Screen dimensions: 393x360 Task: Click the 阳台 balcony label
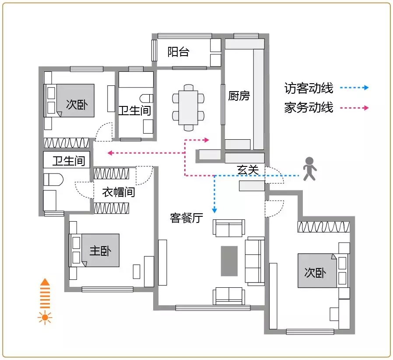tap(178, 52)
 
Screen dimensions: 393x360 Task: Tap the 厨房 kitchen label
tap(239, 96)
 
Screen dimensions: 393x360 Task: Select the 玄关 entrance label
tap(248, 170)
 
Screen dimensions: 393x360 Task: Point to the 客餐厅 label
tap(186, 218)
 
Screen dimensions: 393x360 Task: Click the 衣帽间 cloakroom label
tap(119, 192)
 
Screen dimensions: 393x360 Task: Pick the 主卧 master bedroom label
tap(100, 251)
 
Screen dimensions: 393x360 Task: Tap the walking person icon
tap(310, 169)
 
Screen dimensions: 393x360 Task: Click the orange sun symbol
tap(45, 318)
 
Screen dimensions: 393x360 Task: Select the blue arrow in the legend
tap(354, 88)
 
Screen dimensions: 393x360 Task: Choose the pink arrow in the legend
tap(354, 108)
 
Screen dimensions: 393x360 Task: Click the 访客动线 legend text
tap(309, 88)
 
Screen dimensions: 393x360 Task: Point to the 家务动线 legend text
tap(309, 108)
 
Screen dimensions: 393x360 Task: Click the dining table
tap(188, 108)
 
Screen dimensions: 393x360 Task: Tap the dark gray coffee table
tap(229, 261)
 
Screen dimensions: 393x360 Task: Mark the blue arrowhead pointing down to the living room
tap(214, 210)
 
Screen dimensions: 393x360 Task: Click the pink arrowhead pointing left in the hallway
tap(110, 153)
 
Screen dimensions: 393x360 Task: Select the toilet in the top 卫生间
tap(146, 99)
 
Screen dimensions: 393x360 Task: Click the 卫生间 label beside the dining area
tap(135, 111)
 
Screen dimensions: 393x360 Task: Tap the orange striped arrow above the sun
tap(45, 293)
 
